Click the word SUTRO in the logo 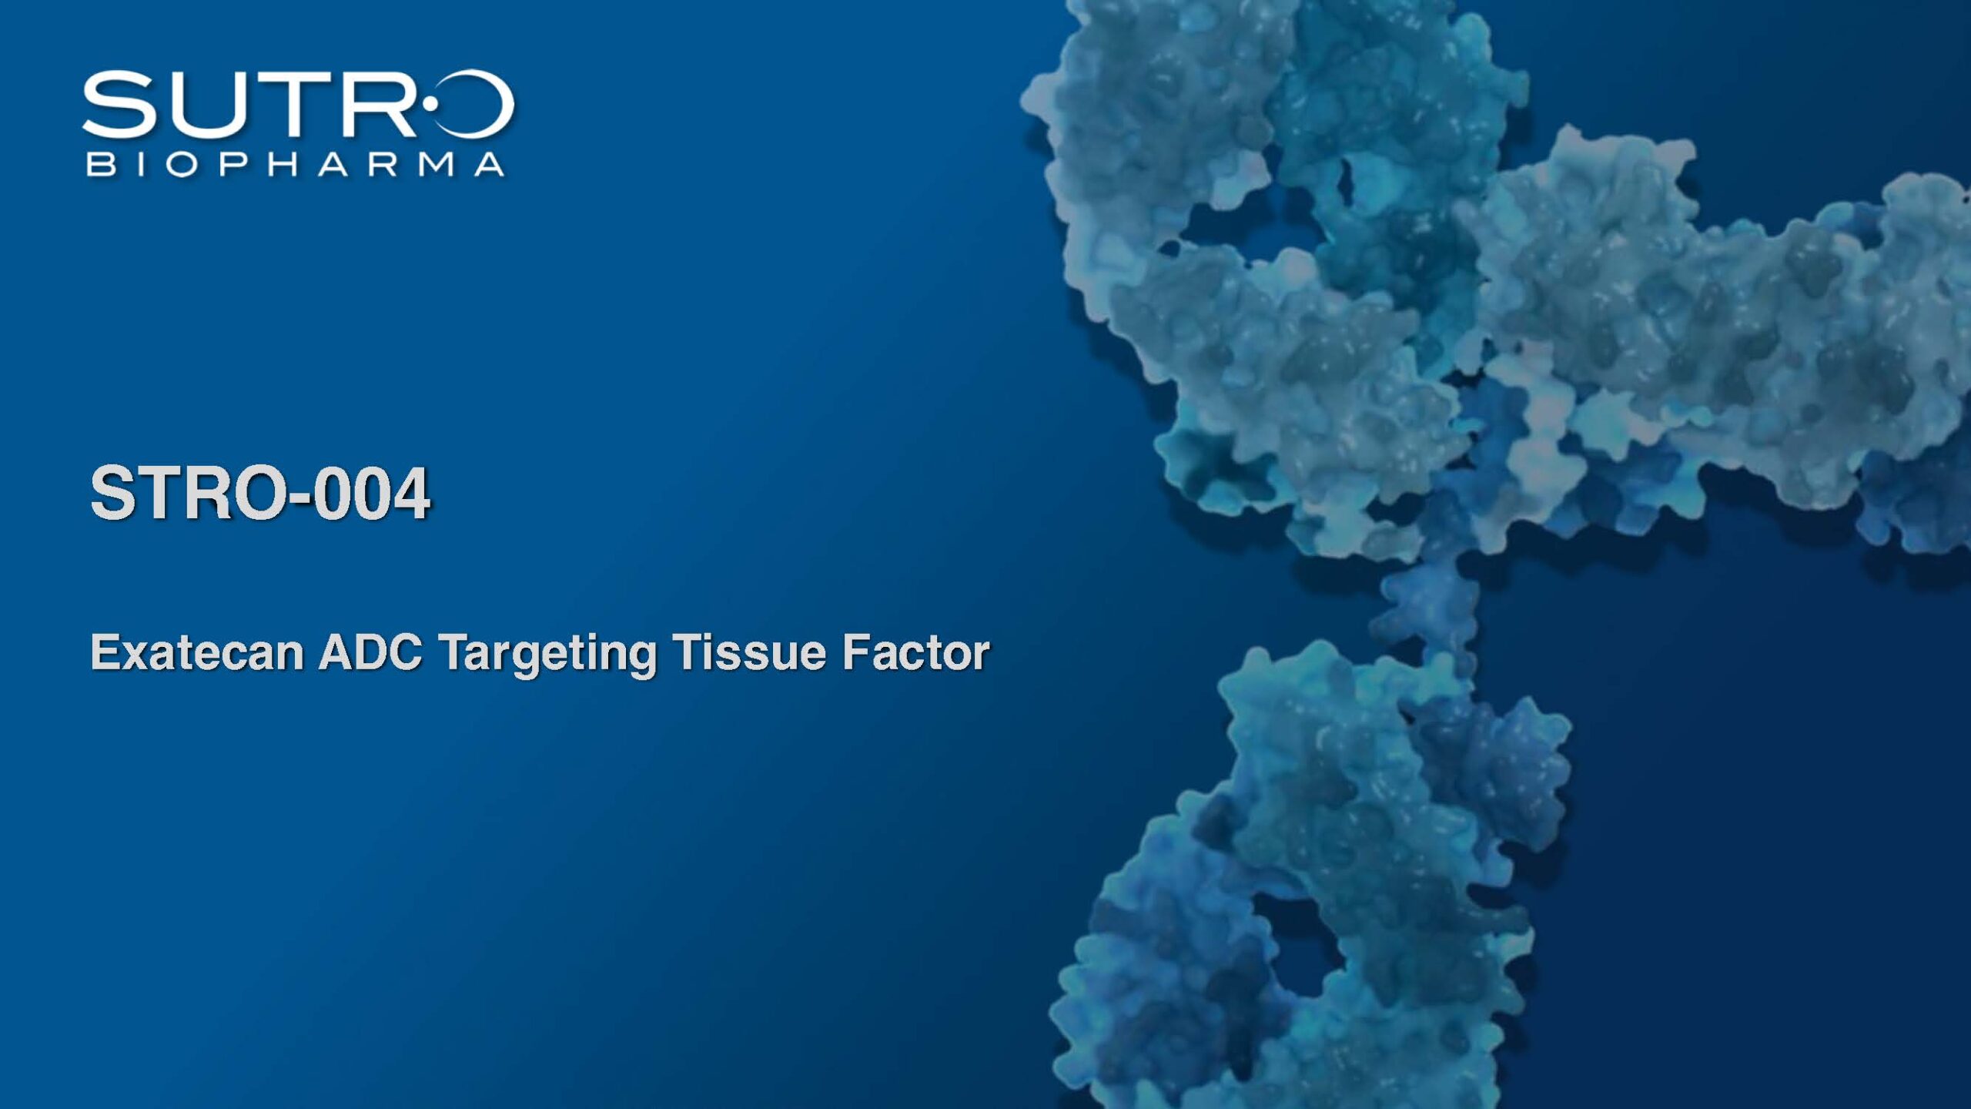pos(298,105)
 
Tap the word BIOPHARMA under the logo pos(296,164)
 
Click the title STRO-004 pos(260,492)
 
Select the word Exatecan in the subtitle pos(197,652)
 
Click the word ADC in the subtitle pos(370,652)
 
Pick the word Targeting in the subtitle pos(547,655)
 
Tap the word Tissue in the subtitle pos(749,652)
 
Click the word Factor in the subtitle pos(915,652)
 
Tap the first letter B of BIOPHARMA pos(99,164)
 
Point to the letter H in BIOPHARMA pos(283,164)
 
